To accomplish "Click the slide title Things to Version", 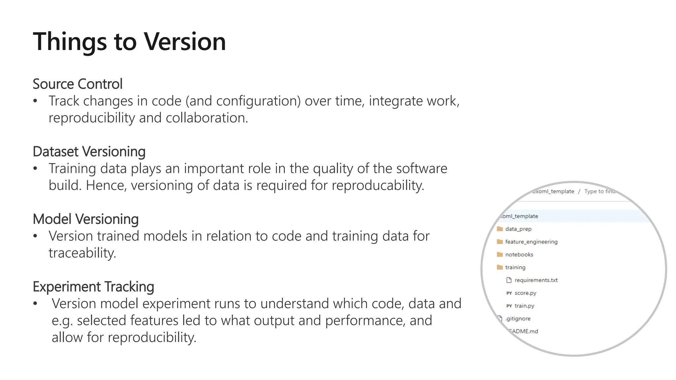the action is tap(129, 42).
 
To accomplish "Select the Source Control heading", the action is tap(78, 84).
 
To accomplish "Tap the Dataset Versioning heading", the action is tap(89, 152).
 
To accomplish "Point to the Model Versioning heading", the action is tap(86, 219).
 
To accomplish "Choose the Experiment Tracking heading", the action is tap(93, 287).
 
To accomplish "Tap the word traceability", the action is tap(82, 253).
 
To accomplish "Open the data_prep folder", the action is tap(518, 229).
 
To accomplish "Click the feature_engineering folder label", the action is tap(531, 242).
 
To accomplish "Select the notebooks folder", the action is tap(519, 255).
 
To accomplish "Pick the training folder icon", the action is tap(500, 267).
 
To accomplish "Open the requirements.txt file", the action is tap(536, 280).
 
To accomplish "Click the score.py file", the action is tap(525, 293).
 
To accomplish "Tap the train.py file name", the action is tap(524, 306).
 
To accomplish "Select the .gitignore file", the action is tap(518, 319).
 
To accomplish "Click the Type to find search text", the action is tap(599, 191).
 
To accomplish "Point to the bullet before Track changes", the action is tap(35, 101).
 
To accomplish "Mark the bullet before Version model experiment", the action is tap(35, 304).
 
